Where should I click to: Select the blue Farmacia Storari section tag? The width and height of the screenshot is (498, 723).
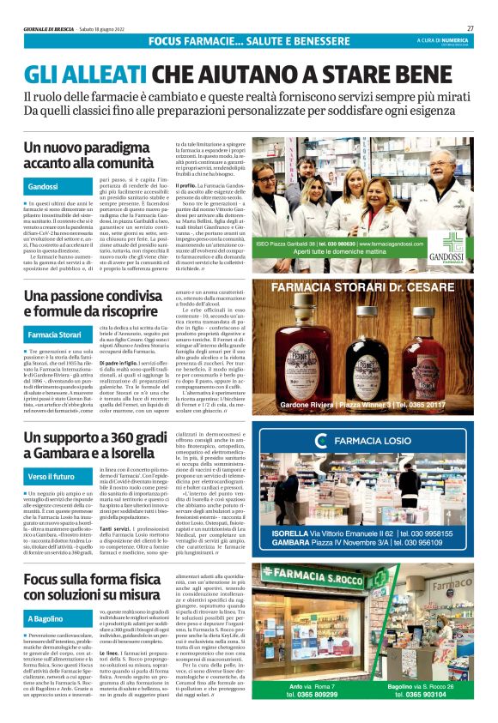[57, 334]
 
